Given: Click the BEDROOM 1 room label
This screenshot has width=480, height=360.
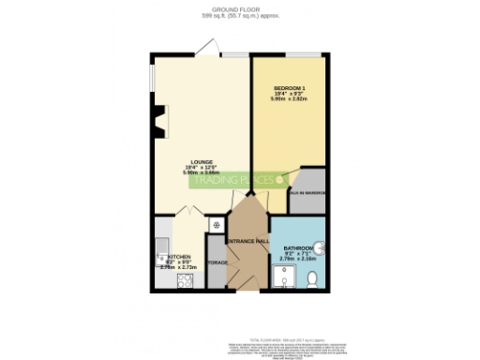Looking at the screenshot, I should [290, 88].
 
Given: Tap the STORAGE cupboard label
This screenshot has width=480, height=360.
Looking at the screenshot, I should [217, 262].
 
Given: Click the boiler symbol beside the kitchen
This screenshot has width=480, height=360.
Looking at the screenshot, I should [216, 225].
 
